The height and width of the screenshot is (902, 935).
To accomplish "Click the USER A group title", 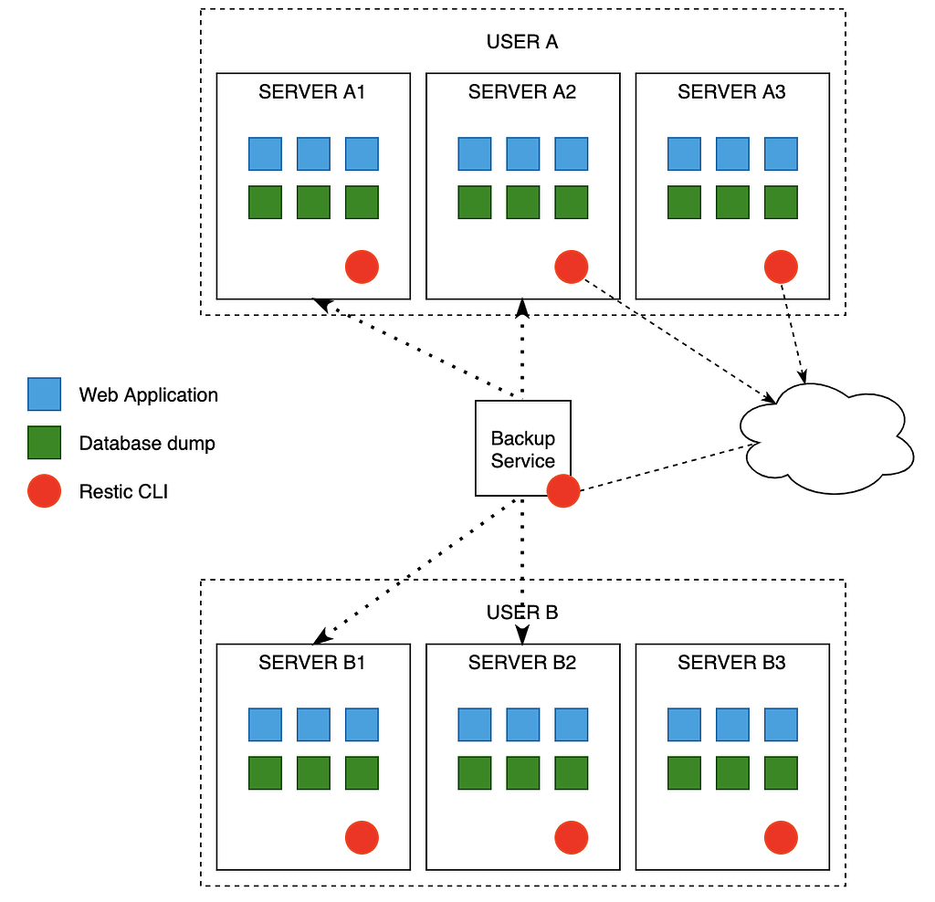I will [x=522, y=42].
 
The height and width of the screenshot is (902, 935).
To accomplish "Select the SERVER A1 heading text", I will [x=312, y=92].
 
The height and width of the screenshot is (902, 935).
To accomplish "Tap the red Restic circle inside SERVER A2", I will [x=572, y=267].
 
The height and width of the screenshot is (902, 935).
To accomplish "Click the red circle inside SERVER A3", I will [x=781, y=267].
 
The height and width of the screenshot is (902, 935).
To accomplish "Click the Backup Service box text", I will [x=522, y=449].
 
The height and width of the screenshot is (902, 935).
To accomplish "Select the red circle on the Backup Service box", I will [x=563, y=491].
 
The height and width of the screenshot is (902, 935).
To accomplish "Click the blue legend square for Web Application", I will [x=44, y=394].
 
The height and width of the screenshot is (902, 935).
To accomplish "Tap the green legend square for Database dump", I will [x=44, y=443].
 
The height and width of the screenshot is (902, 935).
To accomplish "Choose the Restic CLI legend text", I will [x=123, y=491].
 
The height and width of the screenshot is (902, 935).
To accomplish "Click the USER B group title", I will [x=522, y=612].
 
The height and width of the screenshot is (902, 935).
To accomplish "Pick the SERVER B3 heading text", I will [x=731, y=663].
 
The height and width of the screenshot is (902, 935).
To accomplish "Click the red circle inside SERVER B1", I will [x=362, y=837].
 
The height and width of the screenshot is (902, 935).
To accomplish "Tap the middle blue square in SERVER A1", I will [x=313, y=153].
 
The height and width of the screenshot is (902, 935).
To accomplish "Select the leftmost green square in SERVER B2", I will [x=474, y=772].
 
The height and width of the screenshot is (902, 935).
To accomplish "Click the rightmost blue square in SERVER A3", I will [x=781, y=153].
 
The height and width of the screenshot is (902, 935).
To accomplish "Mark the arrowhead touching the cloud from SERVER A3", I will [x=804, y=375].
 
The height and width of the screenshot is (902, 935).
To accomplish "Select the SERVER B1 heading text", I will [x=312, y=663].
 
